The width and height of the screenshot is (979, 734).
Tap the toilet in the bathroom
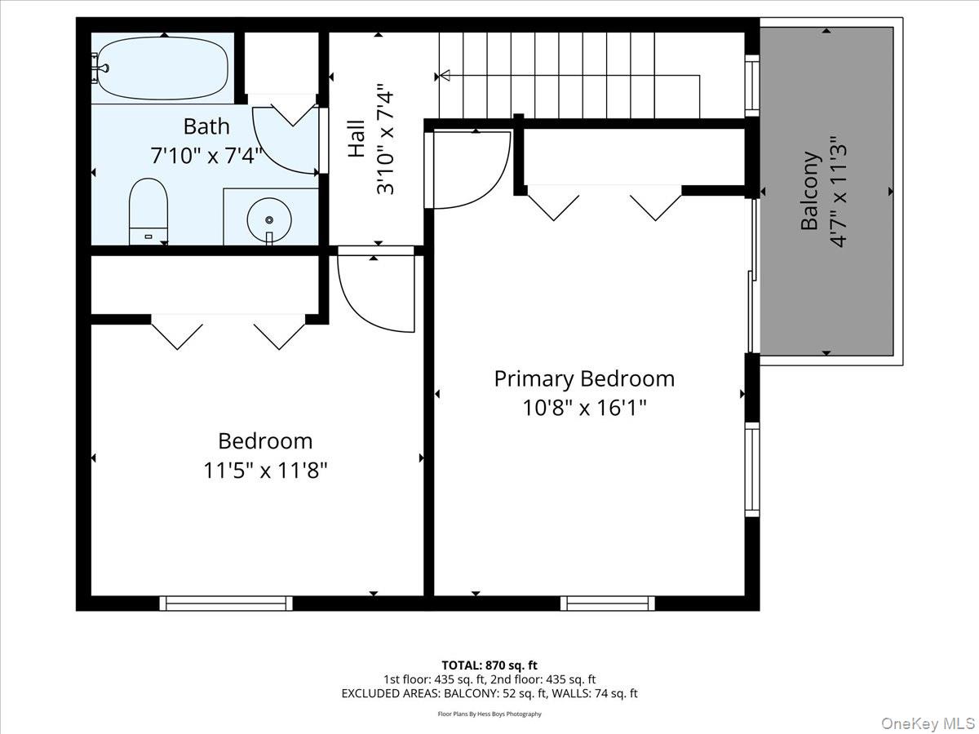click(148, 210)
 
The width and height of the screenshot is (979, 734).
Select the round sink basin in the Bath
click(269, 220)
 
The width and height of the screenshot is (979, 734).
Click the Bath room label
click(206, 126)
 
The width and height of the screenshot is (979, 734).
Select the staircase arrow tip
click(444, 76)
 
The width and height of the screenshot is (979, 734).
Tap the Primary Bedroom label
click(584, 378)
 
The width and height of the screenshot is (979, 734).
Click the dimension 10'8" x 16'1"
click(584, 407)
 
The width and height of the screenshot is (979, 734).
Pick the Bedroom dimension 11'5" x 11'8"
click(265, 471)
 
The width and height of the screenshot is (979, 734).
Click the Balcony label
click(809, 191)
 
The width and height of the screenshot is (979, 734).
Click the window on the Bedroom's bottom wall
click(226, 604)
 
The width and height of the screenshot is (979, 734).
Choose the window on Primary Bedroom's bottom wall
click(608, 604)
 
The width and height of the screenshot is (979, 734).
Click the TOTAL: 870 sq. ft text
click(489, 665)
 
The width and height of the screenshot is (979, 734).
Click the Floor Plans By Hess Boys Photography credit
click(489, 714)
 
